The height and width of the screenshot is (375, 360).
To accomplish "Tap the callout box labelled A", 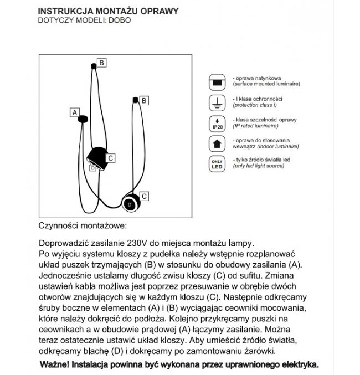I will point(73,112).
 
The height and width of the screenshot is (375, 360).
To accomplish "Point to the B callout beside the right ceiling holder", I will point(144,100).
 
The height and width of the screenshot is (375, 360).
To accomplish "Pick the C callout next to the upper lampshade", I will point(111,158).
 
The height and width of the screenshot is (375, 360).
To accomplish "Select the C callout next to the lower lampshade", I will point(144,196).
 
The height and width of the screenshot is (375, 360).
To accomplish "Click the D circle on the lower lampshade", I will point(130,204).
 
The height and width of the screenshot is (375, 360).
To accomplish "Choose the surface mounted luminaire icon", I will point(217,82).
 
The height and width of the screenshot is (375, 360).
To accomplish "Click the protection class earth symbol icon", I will point(217,102).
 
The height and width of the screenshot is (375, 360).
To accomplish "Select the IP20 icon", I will point(217,123).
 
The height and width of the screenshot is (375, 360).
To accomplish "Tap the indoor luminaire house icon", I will point(217,143).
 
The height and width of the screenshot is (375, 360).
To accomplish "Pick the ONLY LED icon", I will point(217,164).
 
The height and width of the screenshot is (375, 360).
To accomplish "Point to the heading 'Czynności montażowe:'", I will point(83,226).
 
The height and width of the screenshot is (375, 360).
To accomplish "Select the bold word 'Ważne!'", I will point(56,365).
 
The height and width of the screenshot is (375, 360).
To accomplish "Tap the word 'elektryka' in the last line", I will point(298,365).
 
